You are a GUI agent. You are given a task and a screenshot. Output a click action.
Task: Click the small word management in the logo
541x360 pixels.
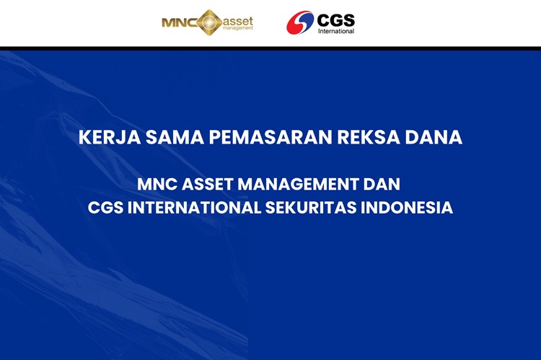click(238, 29)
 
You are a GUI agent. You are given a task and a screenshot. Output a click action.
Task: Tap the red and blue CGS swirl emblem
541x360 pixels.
click(300, 22)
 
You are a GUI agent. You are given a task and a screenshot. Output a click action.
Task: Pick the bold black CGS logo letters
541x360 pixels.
click(335, 19)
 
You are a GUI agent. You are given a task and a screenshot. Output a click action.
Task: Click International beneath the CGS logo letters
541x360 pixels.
click(335, 31)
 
